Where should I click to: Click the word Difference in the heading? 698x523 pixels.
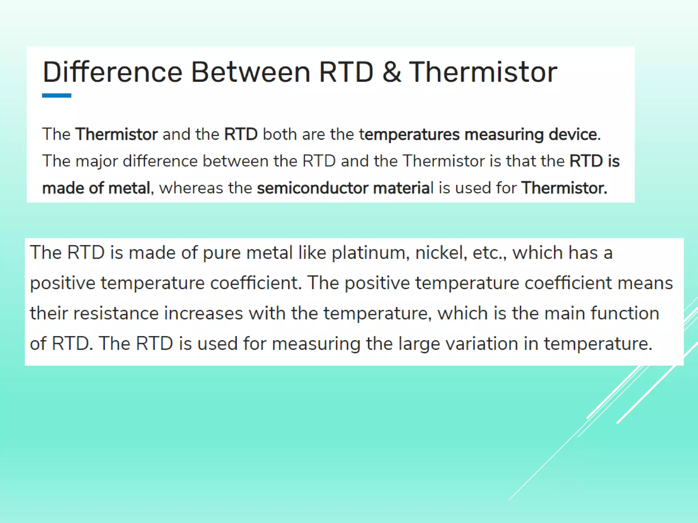[x=112, y=72]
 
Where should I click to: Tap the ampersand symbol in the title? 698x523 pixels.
[x=391, y=72]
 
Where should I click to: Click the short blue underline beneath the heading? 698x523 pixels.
[x=57, y=96]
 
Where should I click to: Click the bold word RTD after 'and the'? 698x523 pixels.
[x=241, y=134]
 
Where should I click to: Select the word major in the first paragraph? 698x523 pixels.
[x=96, y=161]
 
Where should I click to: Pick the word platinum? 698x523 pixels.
[x=370, y=253]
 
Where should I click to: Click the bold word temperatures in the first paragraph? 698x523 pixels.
[x=409, y=134]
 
